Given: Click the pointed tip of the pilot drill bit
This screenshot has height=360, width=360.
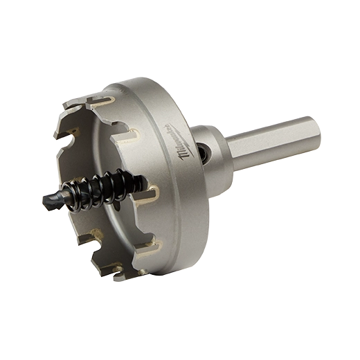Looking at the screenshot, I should tap(43, 201).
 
